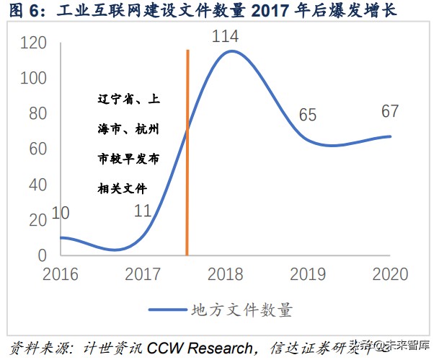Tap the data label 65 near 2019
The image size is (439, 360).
tap(309, 115)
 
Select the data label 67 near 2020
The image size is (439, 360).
tap(391, 111)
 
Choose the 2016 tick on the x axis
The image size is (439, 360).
tap(61, 274)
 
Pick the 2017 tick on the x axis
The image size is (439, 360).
tap(143, 274)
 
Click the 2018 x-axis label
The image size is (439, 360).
tap(226, 274)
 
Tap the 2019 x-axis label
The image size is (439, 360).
tap(309, 274)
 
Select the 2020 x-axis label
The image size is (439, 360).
tap(391, 274)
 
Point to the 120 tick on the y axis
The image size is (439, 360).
tap(35, 43)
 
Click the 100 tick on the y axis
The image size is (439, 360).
tap(35, 79)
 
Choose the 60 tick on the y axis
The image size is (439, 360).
tap(38, 149)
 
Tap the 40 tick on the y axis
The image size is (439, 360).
tap(38, 185)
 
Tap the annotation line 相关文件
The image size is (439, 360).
tap(123, 189)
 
